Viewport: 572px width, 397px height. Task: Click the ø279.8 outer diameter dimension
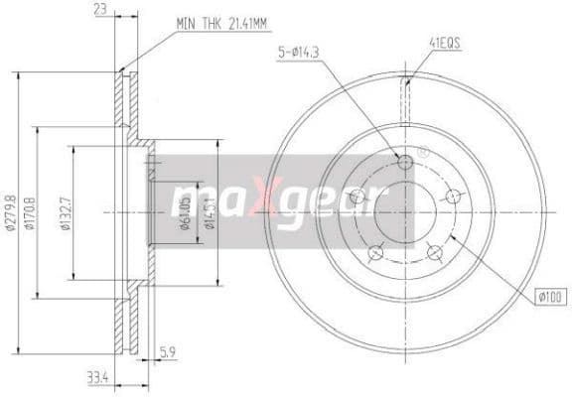coord(12,211)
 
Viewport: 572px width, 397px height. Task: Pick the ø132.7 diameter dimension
coord(66,212)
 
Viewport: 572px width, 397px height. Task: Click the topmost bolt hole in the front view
coord(405,163)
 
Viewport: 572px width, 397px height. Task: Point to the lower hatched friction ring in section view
coord(123,318)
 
